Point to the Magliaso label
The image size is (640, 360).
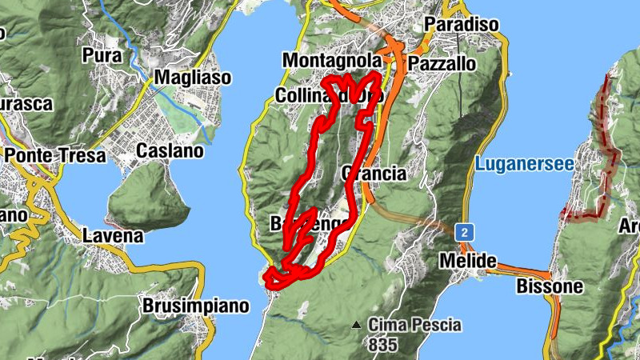(x=193, y=78)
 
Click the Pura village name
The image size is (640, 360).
(x=102, y=56)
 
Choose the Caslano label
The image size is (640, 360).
(x=170, y=150)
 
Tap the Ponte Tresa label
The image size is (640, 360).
(x=55, y=155)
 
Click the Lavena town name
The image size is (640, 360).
(x=113, y=236)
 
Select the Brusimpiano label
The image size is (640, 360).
(x=196, y=306)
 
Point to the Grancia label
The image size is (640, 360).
(x=374, y=174)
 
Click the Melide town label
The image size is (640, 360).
(x=467, y=262)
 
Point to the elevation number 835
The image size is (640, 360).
(x=383, y=345)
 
